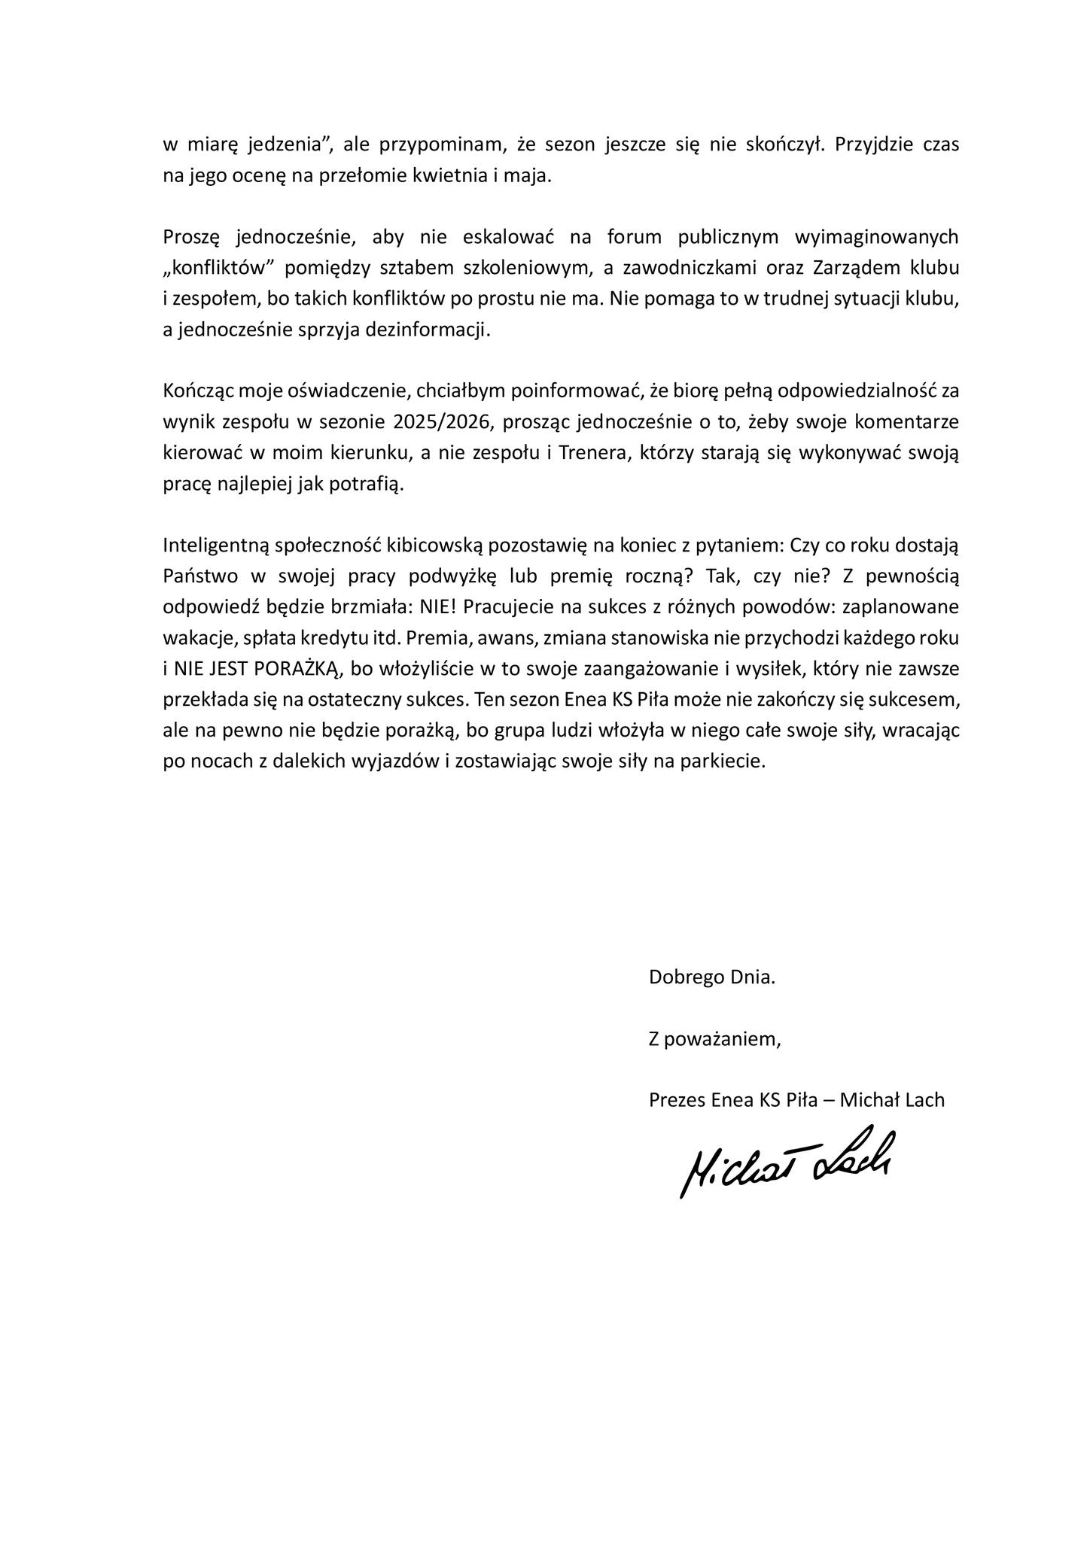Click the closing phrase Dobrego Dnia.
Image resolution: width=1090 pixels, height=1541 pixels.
711,977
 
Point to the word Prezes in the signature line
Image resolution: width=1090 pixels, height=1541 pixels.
677,1100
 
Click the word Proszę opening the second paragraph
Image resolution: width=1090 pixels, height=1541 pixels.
190,237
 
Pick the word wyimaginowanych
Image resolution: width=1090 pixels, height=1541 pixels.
877,237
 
